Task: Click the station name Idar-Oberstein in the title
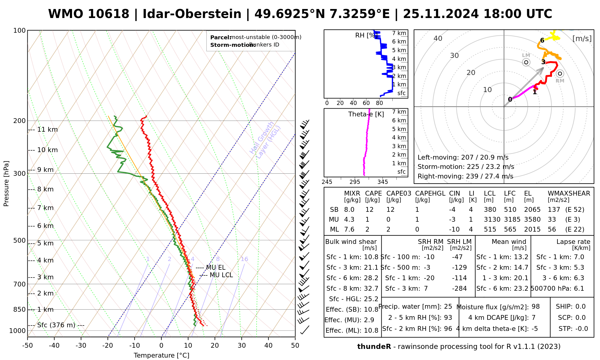click(192, 14)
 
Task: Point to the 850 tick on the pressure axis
click(20, 309)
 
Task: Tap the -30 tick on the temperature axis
click(81, 346)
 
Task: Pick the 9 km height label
click(45, 170)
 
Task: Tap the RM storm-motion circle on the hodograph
click(560, 73)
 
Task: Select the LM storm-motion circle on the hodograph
click(526, 62)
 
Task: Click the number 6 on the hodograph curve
click(542, 40)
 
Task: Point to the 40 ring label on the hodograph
click(438, 38)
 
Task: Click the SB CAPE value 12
click(369, 210)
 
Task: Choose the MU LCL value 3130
click(492, 220)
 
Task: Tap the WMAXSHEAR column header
click(569, 193)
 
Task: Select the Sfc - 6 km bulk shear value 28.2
click(371, 278)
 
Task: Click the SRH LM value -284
click(459, 289)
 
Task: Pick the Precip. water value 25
click(448, 307)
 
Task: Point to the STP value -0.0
click(581, 329)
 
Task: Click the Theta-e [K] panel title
click(366, 114)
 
